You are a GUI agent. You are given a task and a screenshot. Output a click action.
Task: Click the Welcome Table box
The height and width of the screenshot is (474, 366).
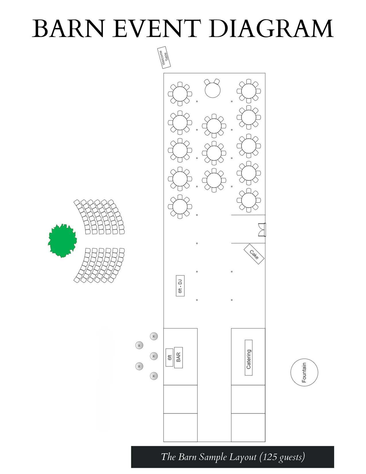point(164,57)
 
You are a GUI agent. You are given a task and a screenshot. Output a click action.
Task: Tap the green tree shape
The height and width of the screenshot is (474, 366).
point(62,241)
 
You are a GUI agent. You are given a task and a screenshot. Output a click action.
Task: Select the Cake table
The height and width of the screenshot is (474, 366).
point(254,254)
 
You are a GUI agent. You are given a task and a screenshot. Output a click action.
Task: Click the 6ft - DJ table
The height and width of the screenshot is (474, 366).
point(180,286)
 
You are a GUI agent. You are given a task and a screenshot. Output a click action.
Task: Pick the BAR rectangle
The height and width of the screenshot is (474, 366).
point(178,357)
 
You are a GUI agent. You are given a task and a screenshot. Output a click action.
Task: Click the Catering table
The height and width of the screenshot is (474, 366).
point(249,358)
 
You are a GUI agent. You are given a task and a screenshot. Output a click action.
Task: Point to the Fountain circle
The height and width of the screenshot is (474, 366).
point(304,372)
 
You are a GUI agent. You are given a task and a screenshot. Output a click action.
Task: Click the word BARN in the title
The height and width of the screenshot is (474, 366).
point(67,29)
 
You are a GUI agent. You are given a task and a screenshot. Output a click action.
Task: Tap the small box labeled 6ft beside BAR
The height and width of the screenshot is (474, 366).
point(169,357)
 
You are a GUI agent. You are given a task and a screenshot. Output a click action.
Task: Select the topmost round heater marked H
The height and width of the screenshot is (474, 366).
point(154,336)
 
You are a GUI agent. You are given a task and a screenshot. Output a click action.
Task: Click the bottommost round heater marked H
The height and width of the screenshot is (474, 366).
point(154,376)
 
